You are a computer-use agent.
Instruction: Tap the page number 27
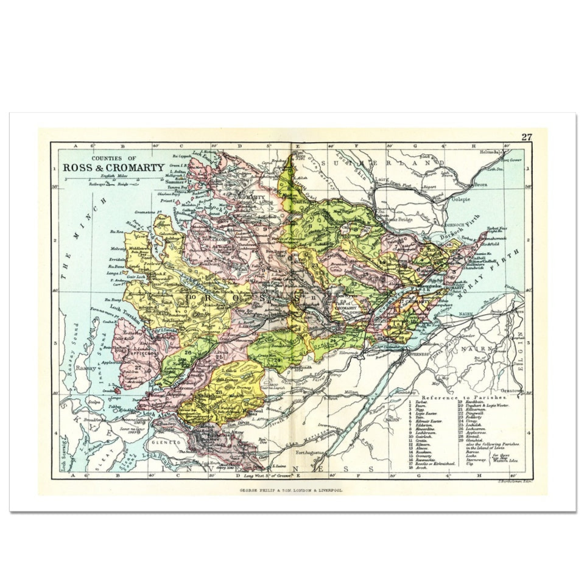click(x=526, y=137)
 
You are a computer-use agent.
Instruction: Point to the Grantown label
click(x=510, y=390)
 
